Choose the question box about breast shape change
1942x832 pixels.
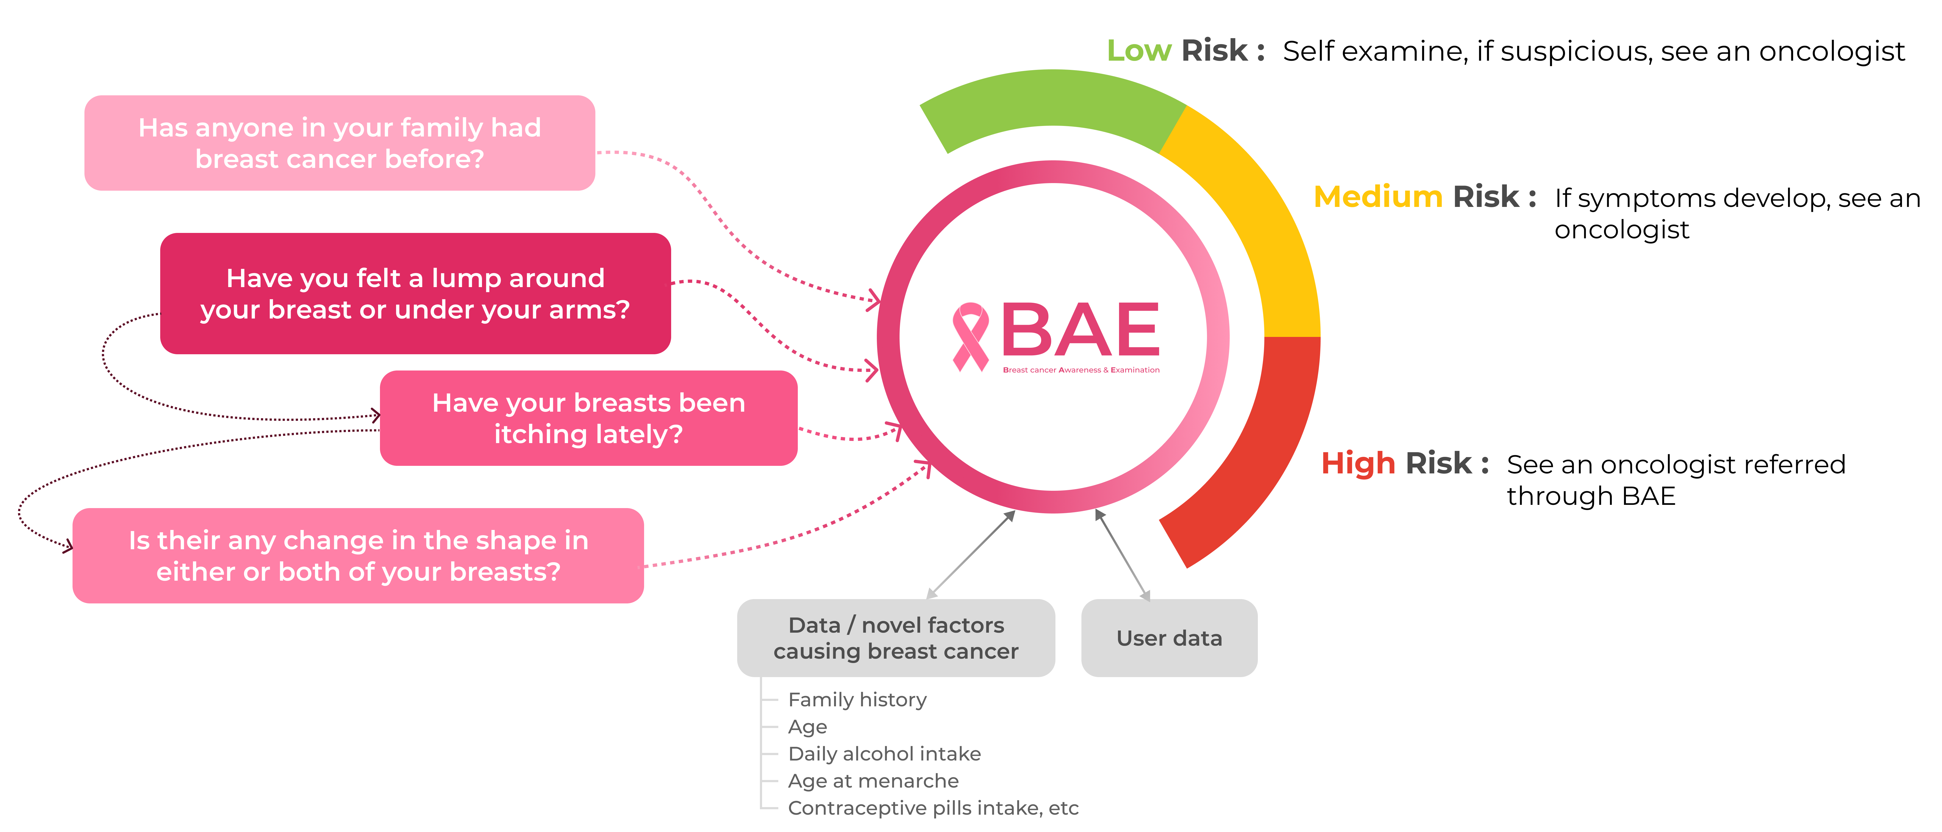pyautogui.click(x=358, y=556)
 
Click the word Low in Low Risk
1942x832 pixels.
pyautogui.click(x=1138, y=51)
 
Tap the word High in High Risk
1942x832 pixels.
pyautogui.click(x=1358, y=463)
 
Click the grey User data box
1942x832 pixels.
pyautogui.click(x=1169, y=638)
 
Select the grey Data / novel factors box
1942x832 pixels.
pyautogui.click(x=895, y=638)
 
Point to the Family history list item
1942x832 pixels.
pyautogui.click(x=857, y=700)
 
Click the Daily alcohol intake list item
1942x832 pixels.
pyautogui.click(x=884, y=753)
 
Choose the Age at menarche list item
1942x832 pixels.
pyautogui.click(x=873, y=781)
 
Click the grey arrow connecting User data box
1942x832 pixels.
pyautogui.click(x=1122, y=554)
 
